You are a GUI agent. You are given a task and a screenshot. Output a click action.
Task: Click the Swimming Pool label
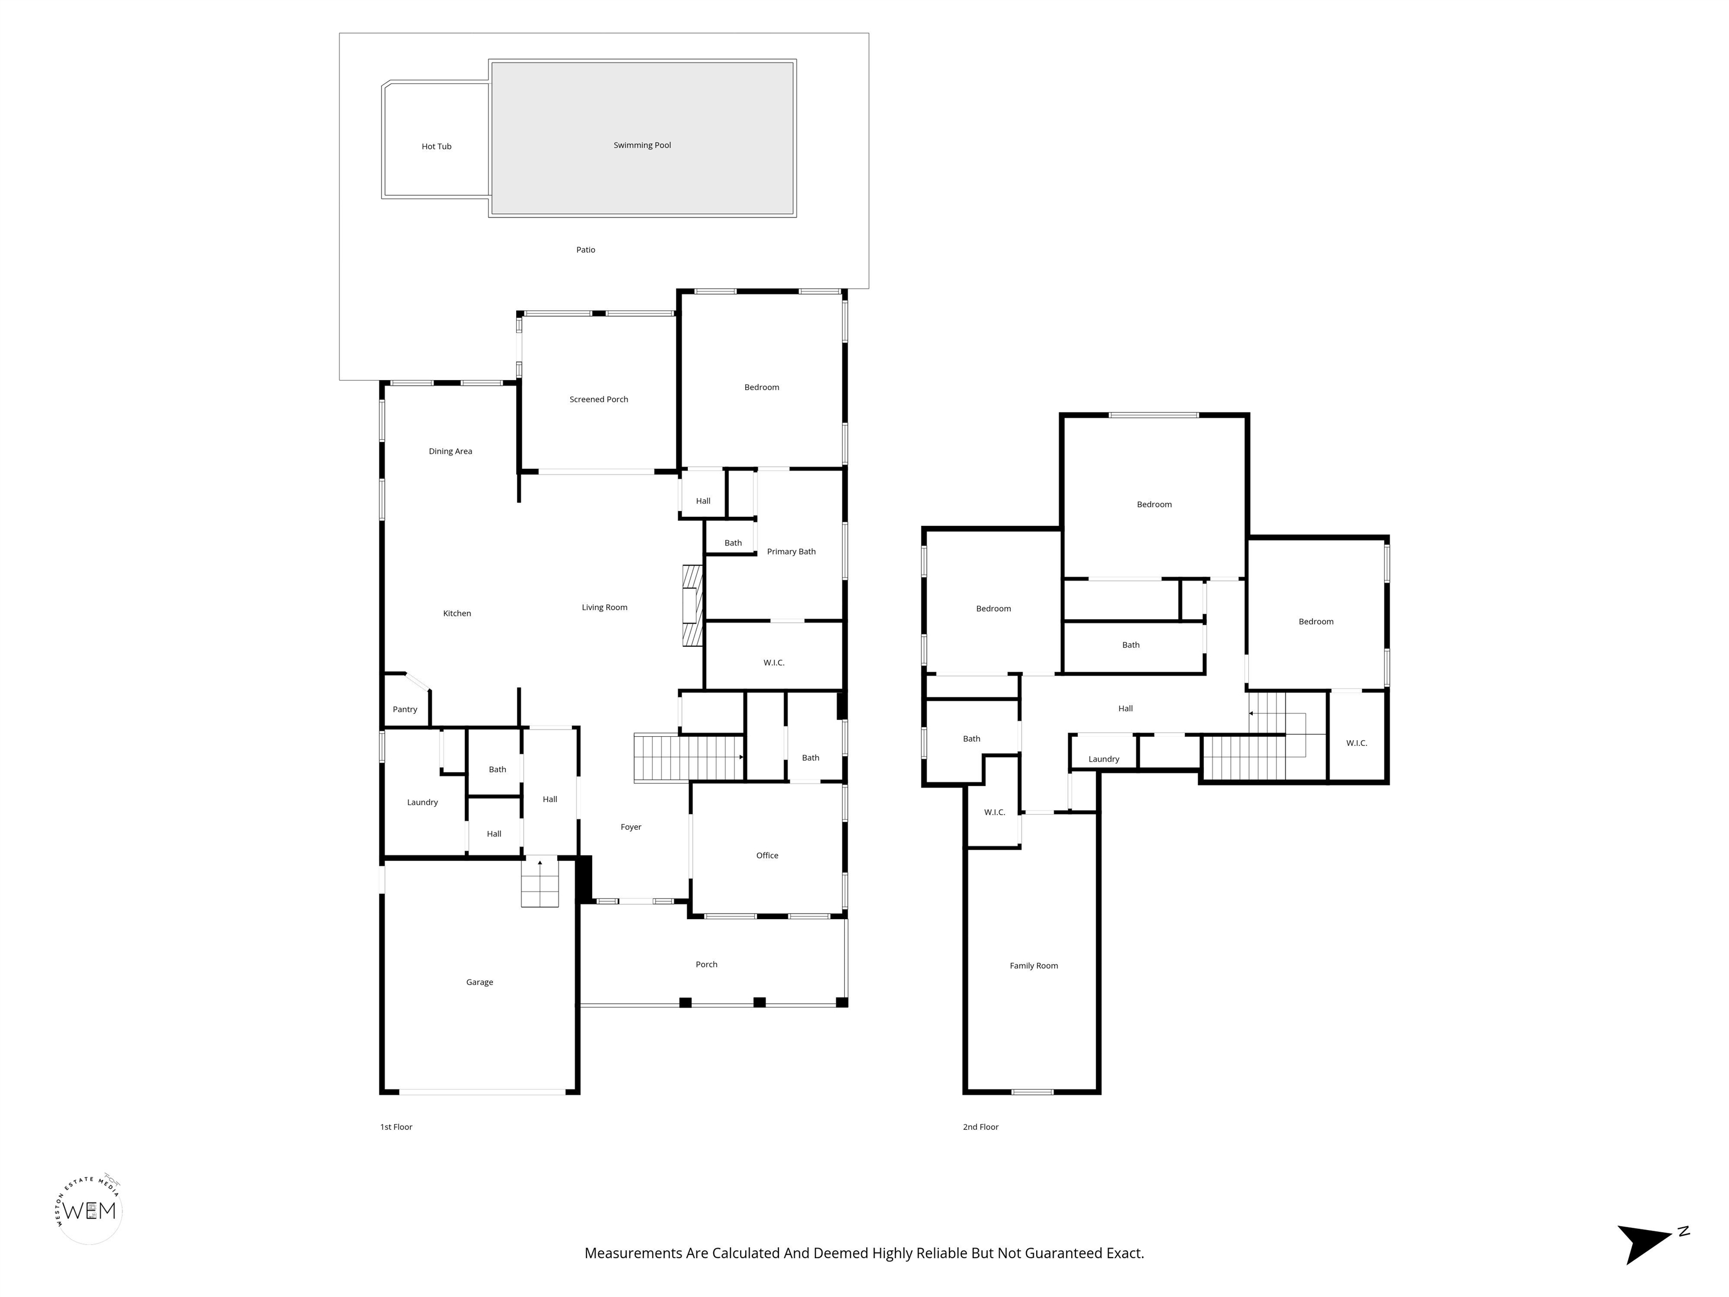[x=642, y=145]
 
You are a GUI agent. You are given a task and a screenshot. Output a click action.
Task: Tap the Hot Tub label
[x=436, y=146]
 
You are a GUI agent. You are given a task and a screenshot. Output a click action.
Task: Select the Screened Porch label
[x=599, y=400]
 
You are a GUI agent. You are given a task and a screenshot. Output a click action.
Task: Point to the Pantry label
[x=405, y=710]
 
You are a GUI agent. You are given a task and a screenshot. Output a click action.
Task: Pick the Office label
[x=767, y=855]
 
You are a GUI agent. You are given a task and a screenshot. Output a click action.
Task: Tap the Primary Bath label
[x=791, y=552]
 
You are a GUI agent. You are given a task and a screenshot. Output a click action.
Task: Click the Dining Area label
[x=450, y=451]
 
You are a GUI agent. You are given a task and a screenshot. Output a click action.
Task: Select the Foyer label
[x=631, y=827]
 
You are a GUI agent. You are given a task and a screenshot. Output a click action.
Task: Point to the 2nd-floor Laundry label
[x=1104, y=759]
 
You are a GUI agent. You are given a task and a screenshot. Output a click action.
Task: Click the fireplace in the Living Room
[x=692, y=606]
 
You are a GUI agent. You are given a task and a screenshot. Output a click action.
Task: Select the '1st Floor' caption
[x=396, y=1126]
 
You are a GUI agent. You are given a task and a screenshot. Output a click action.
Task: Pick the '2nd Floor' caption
[x=981, y=1126]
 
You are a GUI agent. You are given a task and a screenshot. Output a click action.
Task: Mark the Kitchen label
[x=457, y=614]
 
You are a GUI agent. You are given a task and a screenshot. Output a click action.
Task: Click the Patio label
[x=585, y=250]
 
